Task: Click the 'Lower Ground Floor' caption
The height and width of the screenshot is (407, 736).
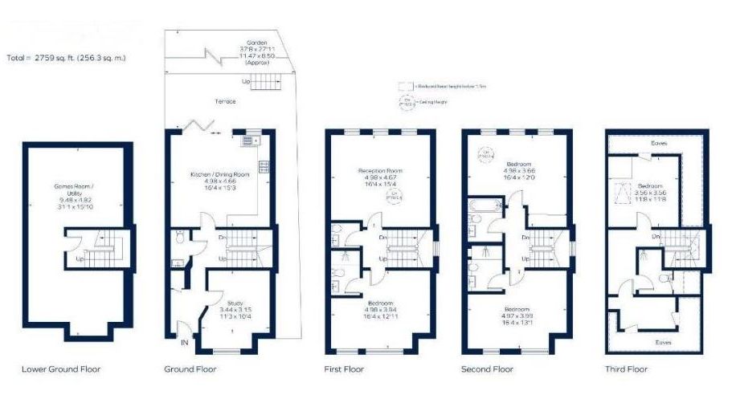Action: (x=61, y=369)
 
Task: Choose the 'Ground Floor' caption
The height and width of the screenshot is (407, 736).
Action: (x=190, y=369)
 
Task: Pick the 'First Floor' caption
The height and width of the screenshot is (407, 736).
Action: (x=345, y=369)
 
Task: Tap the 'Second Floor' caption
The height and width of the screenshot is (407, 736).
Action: (x=487, y=369)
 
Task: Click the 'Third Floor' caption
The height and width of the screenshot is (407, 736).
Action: (x=626, y=369)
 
